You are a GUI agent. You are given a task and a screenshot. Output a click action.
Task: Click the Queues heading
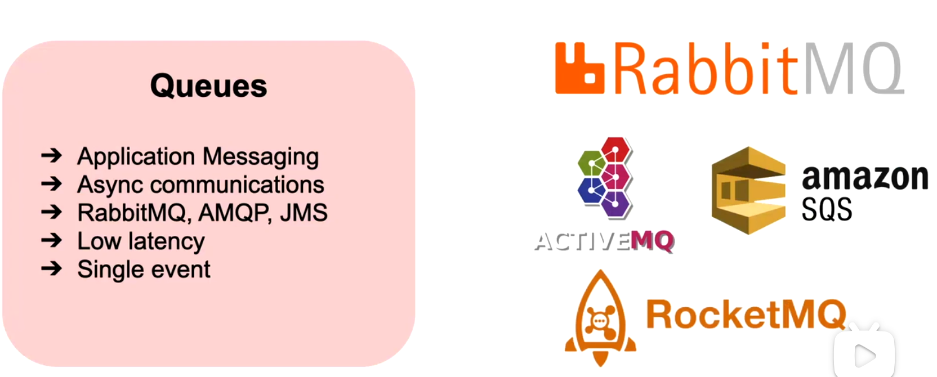(x=208, y=86)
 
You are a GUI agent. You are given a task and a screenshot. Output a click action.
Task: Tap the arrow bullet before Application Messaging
(x=52, y=155)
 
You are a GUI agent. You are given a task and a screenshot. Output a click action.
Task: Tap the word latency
(x=167, y=241)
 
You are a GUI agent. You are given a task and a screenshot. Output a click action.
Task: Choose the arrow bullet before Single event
(x=52, y=268)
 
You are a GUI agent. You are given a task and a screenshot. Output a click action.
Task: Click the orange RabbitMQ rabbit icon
(x=579, y=69)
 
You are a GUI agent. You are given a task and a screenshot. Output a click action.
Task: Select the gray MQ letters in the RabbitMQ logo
(x=853, y=69)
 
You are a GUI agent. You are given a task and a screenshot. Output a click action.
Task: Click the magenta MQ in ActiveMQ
(x=652, y=241)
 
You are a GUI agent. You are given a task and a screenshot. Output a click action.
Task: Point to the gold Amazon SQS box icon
(x=748, y=190)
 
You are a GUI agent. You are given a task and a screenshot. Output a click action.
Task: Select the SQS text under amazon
(x=827, y=210)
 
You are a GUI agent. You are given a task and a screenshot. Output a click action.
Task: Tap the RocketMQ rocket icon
(x=600, y=318)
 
